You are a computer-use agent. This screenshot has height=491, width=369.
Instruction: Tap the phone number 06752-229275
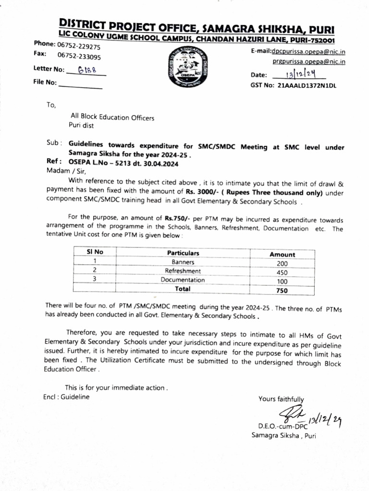[x=79, y=46]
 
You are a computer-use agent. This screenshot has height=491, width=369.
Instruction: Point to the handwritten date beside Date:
[x=299, y=74]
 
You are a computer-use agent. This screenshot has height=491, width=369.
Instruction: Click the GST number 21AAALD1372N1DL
[x=307, y=85]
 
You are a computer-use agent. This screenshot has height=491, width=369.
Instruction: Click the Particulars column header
[x=183, y=253]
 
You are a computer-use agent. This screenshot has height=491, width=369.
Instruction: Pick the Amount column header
[x=282, y=255]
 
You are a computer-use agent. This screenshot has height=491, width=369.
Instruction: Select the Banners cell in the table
[x=183, y=262]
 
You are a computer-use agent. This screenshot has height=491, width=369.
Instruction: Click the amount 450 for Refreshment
[x=282, y=272]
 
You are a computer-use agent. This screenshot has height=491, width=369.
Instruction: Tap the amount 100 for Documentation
[x=282, y=281]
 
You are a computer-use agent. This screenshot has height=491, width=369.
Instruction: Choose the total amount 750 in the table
[x=282, y=291]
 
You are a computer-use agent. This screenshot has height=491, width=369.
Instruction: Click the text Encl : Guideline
[x=66, y=397]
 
